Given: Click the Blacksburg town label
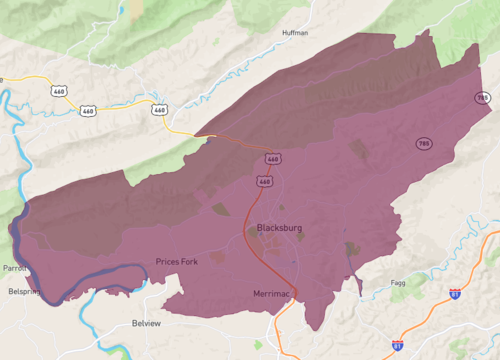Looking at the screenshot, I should [279, 228].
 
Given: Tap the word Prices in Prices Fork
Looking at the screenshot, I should [167, 262].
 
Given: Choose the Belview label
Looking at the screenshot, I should [146, 324].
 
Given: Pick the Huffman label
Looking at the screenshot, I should [296, 33].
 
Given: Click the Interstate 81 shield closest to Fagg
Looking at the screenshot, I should [455, 294].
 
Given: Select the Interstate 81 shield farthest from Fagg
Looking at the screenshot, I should [398, 344].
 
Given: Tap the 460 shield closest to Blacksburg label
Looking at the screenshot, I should [264, 182].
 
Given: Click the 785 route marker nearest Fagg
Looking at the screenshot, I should [425, 144].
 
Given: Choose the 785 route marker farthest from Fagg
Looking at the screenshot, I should [484, 98].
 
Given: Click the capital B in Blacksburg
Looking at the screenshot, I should [260, 228].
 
